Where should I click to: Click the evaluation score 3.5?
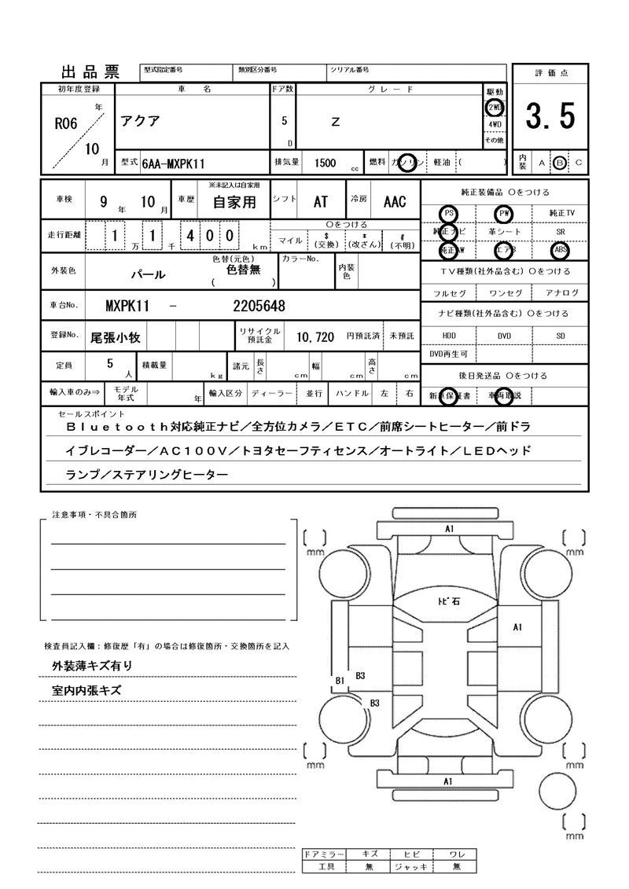coord(550,117)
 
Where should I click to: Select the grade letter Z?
coord(336,122)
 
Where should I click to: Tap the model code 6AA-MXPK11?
coord(174,163)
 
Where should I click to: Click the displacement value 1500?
coord(325,163)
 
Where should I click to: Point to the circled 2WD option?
coord(495,108)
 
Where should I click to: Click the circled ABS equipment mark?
coord(561,251)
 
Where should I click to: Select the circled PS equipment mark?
coord(449,213)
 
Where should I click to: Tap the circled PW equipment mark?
coord(504,213)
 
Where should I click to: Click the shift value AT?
coord(320,202)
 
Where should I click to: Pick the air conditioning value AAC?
coord(395,202)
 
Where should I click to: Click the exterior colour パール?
coord(148,275)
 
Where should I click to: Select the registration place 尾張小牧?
coord(116,337)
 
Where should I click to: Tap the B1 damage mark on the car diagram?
coord(340,680)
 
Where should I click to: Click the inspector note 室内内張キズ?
coord(86,690)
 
